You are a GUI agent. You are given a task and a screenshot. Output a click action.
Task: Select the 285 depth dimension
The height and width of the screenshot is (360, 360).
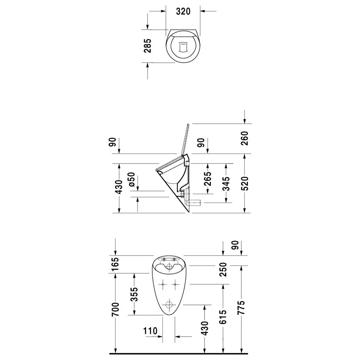tap(147, 46)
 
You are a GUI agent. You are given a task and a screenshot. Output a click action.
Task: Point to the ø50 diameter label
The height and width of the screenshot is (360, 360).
tap(131, 178)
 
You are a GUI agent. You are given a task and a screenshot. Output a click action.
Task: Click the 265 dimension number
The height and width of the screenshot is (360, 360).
tap(207, 178)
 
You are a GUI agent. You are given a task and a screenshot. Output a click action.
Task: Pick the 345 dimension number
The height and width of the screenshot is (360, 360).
tap(225, 183)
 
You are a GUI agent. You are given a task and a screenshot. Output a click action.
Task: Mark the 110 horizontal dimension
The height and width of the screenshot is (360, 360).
tap(150, 331)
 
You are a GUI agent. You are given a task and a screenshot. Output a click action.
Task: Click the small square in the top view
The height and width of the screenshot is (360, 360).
tap(183, 47)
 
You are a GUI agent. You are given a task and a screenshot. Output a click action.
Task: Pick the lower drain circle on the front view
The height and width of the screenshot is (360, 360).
tap(170, 305)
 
